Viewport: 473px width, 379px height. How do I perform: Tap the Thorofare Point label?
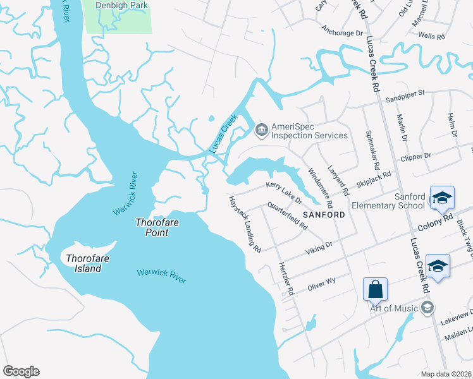tap(152, 227)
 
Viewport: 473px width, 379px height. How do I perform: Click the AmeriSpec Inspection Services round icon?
tap(261, 131)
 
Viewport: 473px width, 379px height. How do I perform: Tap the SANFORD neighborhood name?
tap(324, 215)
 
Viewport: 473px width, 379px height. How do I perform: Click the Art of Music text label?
tap(395, 308)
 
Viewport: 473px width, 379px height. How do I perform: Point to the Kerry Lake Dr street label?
tap(284, 192)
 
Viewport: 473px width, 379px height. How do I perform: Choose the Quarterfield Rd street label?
tap(287, 215)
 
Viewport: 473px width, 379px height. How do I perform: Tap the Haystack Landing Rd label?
tap(245, 224)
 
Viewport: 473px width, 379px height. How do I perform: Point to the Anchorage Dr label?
tap(342, 29)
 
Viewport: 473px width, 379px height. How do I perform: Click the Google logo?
tap(21, 371)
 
